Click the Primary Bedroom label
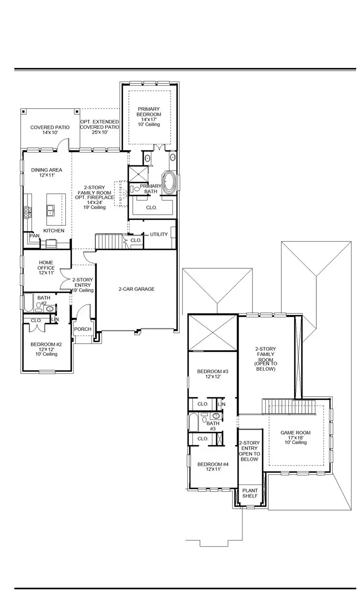coord(149,116)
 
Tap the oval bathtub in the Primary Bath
coord(169,182)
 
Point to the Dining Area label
coord(46,173)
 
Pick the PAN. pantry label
coord(34,236)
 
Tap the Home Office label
coord(46,268)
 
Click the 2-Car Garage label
coord(136,289)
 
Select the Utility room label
coord(159,234)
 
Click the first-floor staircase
coord(108,241)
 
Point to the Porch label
coord(82,329)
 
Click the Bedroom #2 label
coord(46,349)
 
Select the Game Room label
coord(296,437)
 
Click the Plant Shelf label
coord(250,493)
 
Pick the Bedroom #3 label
coord(209,374)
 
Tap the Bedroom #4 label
coord(209,466)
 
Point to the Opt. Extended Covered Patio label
coord(99,127)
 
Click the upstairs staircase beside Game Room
coord(289,406)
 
